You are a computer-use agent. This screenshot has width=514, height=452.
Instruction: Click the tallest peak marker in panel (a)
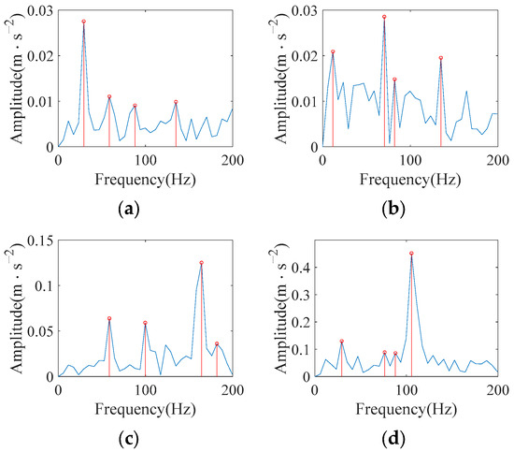pyautogui.click(x=83, y=22)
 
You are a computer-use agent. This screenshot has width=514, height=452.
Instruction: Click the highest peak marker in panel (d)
pyautogui.click(x=411, y=254)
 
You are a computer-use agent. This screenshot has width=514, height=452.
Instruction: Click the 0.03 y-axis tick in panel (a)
pyautogui.click(x=41, y=9)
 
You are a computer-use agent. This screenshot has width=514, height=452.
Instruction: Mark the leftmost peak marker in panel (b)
pyautogui.click(x=333, y=52)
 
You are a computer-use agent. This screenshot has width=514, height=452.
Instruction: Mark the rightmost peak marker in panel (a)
pyautogui.click(x=176, y=102)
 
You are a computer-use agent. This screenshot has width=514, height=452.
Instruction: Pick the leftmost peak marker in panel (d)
pyautogui.click(x=341, y=342)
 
